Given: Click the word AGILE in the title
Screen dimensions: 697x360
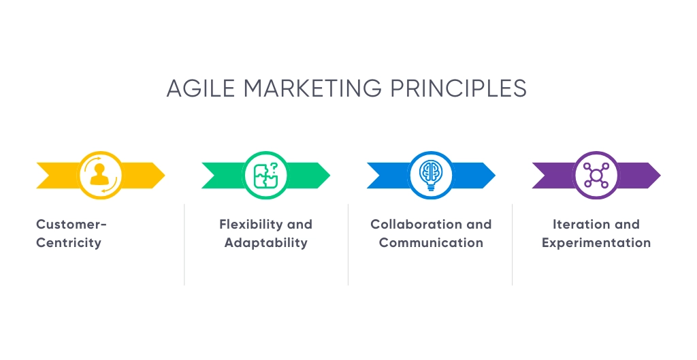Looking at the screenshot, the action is (x=201, y=88).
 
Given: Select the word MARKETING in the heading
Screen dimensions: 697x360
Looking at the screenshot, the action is (x=312, y=88).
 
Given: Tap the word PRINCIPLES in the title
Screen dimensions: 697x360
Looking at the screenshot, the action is (x=458, y=88).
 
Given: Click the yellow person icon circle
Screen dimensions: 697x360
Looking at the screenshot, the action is (x=101, y=175).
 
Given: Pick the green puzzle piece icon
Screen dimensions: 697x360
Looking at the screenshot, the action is (x=266, y=175).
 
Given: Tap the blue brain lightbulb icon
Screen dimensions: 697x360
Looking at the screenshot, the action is (x=431, y=175).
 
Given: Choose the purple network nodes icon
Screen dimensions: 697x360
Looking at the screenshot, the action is (x=596, y=175).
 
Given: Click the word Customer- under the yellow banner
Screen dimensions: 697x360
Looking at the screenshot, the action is (x=71, y=225).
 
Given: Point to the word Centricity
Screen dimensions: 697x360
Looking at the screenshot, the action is (x=69, y=243).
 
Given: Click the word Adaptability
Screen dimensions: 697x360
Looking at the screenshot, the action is (x=266, y=243).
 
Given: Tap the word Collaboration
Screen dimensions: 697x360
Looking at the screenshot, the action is (x=416, y=225).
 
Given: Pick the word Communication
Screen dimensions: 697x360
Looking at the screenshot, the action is (x=431, y=243).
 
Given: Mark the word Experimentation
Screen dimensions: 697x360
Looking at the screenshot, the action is (x=596, y=243).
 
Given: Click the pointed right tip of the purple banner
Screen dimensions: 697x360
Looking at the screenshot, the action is (x=660, y=176).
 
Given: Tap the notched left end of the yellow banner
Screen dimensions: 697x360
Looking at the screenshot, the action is (x=49, y=176).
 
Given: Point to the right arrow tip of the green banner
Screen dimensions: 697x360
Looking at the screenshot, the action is (x=330, y=176).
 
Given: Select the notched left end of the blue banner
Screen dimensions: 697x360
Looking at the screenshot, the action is (x=379, y=176).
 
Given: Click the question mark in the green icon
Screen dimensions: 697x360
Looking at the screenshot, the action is (x=274, y=167).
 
